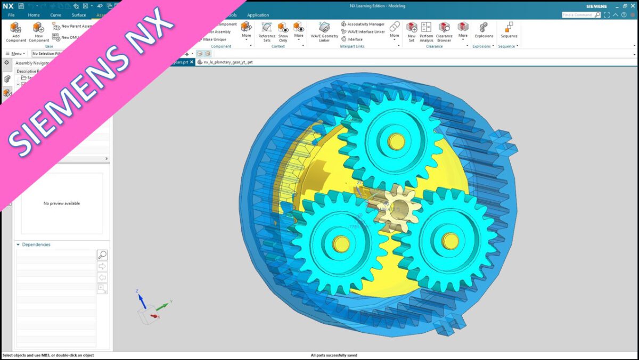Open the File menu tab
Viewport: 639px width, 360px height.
(11, 15)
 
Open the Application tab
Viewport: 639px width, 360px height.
(258, 15)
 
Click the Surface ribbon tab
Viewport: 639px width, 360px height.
(79, 15)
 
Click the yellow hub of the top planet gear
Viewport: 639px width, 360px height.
(396, 141)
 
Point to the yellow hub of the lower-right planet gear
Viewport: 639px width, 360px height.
(450, 241)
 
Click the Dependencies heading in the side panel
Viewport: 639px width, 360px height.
(36, 244)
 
